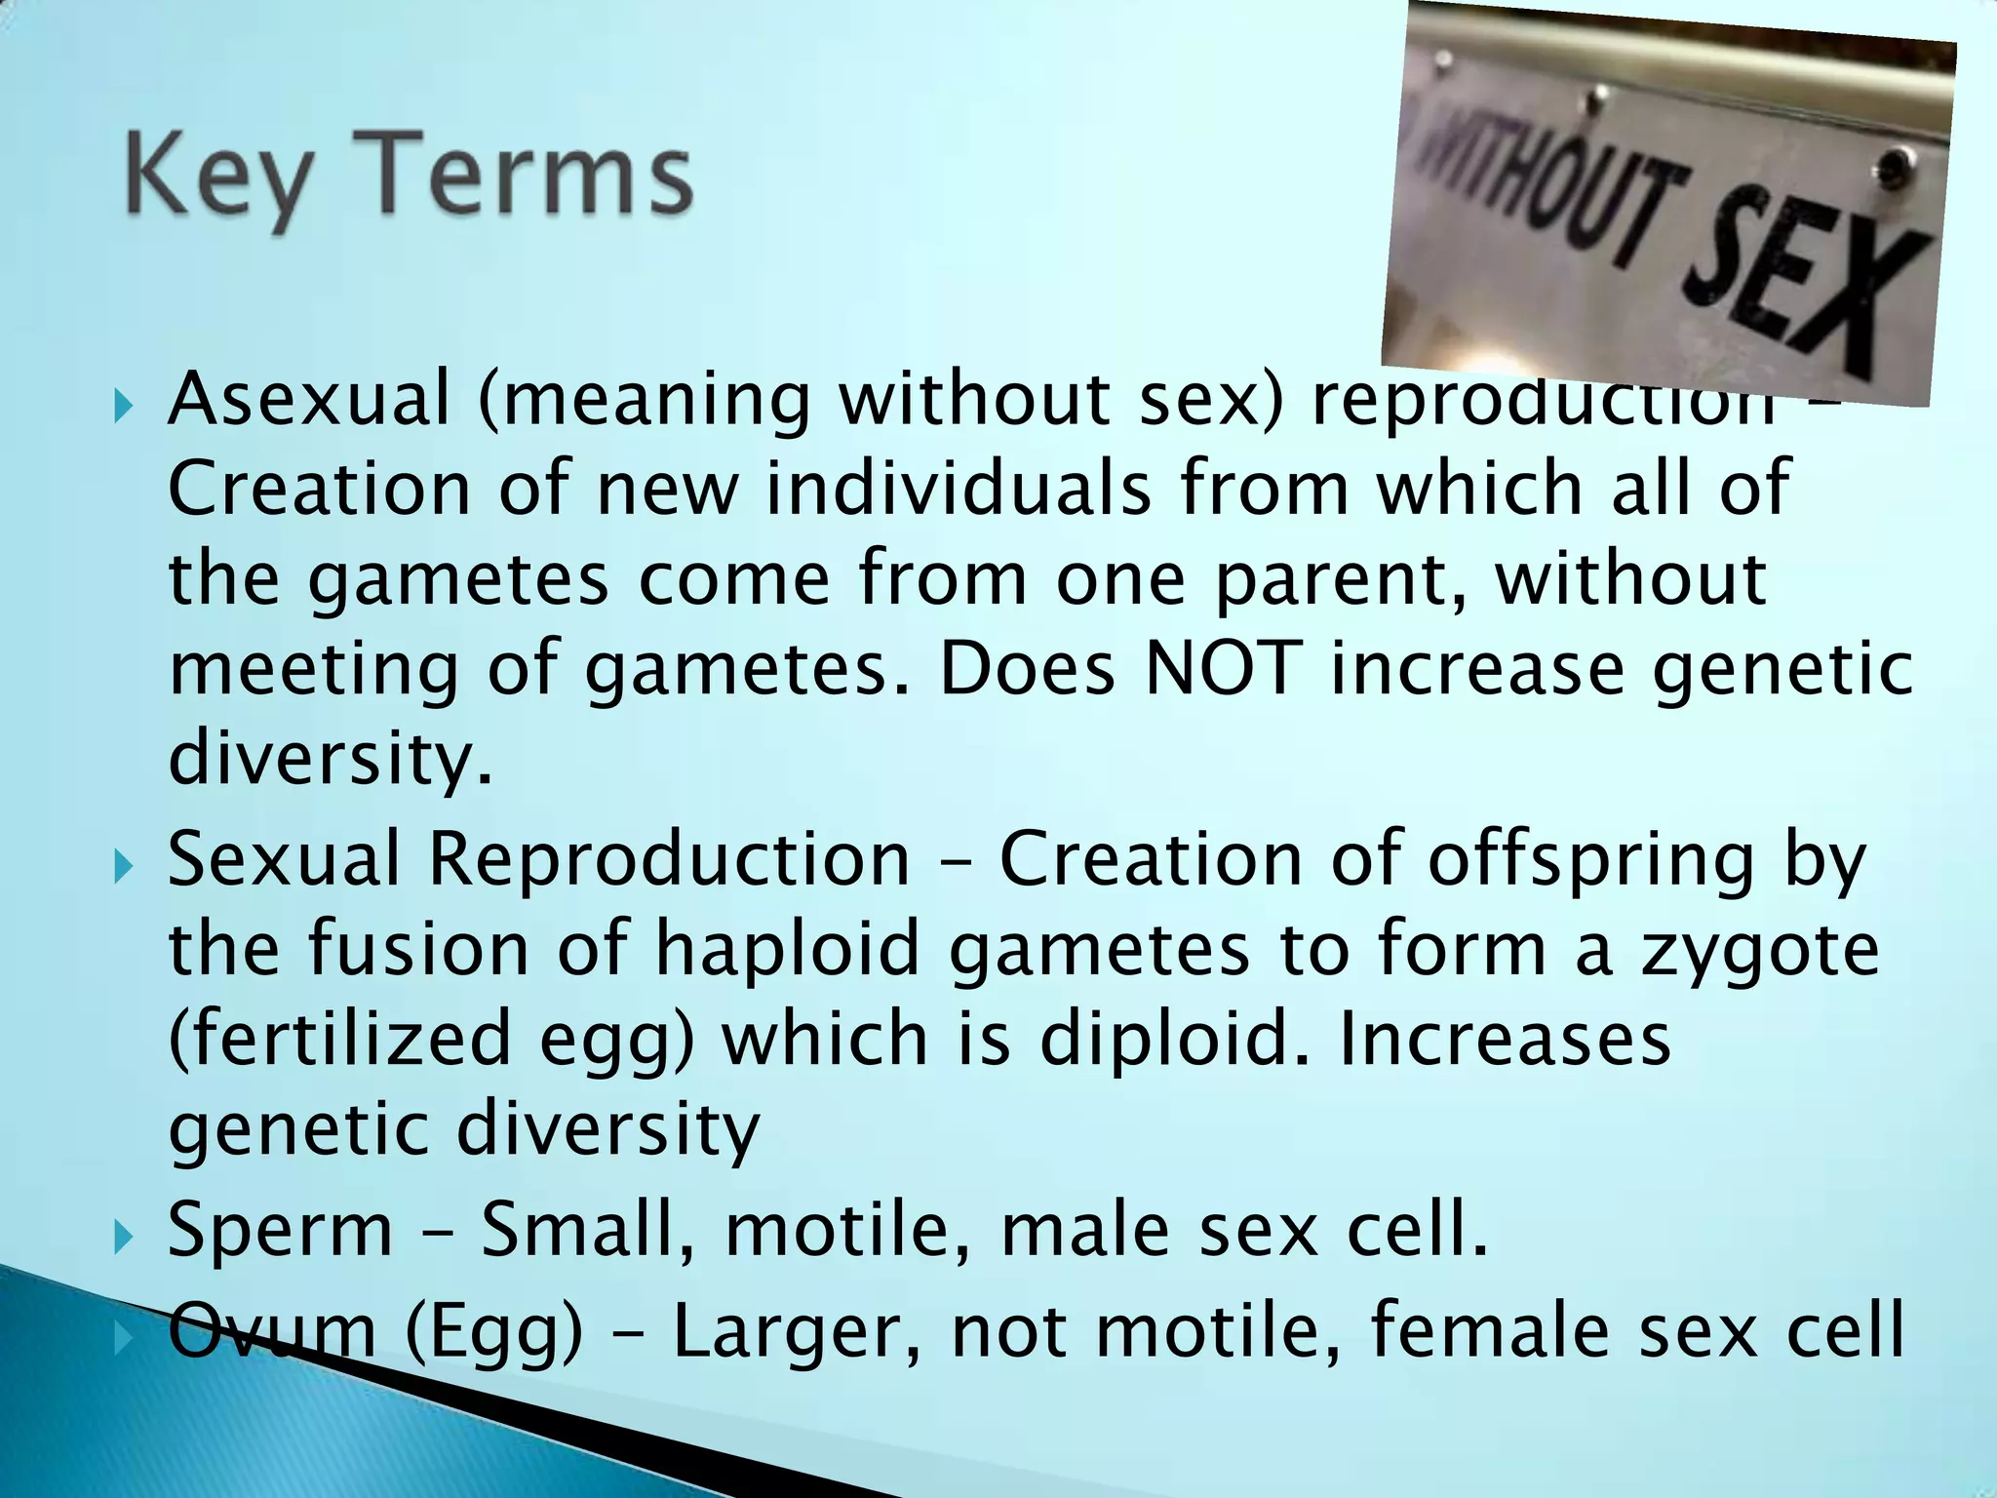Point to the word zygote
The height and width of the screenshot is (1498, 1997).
1760,951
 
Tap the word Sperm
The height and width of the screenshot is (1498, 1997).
280,1230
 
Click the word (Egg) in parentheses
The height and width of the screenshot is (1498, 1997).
494,1332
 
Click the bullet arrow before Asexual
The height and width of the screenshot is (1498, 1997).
121,403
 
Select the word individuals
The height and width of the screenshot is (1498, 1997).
958,488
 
